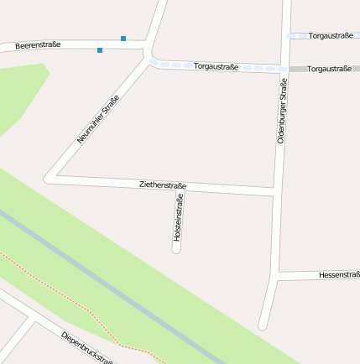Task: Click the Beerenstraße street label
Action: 38,45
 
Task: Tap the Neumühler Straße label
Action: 98,118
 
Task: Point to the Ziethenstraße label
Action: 163,185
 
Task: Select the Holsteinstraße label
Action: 178,218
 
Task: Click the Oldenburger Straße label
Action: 283,110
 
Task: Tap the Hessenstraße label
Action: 339,274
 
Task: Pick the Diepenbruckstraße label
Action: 87,348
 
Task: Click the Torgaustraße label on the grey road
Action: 329,69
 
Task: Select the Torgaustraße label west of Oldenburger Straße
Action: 216,65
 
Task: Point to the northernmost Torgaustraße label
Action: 330,36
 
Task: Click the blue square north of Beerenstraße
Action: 123,38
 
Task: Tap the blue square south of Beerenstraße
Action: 100,50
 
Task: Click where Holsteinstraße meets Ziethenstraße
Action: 178,190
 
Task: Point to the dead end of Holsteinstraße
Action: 177,249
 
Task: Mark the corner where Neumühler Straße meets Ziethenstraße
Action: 49,179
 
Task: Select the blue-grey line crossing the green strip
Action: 109,286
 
